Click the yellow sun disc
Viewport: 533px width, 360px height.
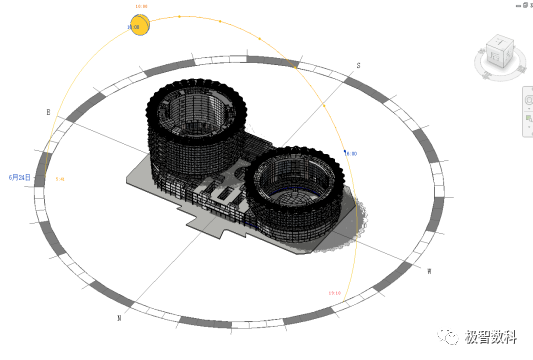pyautogui.click(x=138, y=25)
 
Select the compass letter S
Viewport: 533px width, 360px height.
pyautogui.click(x=358, y=65)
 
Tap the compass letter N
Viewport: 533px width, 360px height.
pyautogui.click(x=119, y=318)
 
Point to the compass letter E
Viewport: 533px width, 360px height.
pyautogui.click(x=47, y=112)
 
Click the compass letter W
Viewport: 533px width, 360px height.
pyautogui.click(x=429, y=271)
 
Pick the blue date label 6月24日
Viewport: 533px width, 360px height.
pyautogui.click(x=20, y=177)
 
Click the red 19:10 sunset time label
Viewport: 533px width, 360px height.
pyautogui.click(x=335, y=293)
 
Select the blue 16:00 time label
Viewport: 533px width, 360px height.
pyautogui.click(x=351, y=153)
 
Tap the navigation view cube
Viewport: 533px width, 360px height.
pyautogui.click(x=498, y=52)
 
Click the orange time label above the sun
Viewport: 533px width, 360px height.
pyautogui.click(x=140, y=7)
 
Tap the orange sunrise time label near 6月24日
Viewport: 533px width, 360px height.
pyautogui.click(x=59, y=179)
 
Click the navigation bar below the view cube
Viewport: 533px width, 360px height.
pyautogui.click(x=527, y=110)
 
